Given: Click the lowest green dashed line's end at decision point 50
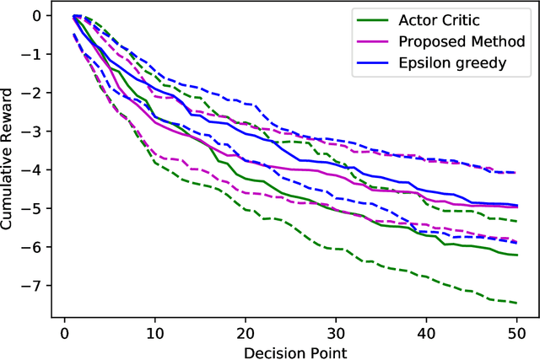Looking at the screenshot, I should tap(516, 303).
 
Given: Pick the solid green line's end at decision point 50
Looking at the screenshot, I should tap(516, 255).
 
